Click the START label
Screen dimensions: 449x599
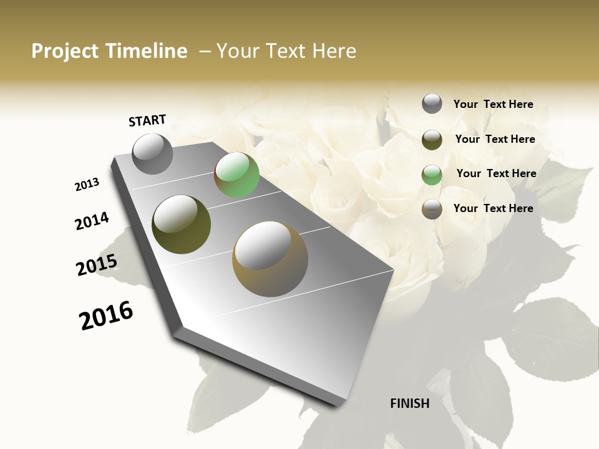147,120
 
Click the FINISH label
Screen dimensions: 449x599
410,403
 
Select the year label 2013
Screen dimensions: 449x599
87,185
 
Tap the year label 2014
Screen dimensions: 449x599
92,221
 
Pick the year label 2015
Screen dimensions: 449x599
97,265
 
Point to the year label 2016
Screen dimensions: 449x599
106,316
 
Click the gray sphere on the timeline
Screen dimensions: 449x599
153,153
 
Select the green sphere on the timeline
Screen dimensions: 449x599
236,175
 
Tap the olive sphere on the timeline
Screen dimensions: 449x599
181,224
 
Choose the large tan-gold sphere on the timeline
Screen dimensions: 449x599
270,258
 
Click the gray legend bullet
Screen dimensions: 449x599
432,104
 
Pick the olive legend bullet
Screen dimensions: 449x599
432,140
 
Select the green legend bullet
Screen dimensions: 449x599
432,174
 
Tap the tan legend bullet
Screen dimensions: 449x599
432,209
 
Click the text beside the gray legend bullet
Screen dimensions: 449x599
493,105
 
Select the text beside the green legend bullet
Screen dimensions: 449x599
496,173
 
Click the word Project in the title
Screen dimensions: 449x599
65,51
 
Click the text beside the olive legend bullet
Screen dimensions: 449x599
495,139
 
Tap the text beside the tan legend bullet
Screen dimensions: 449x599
493,208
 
